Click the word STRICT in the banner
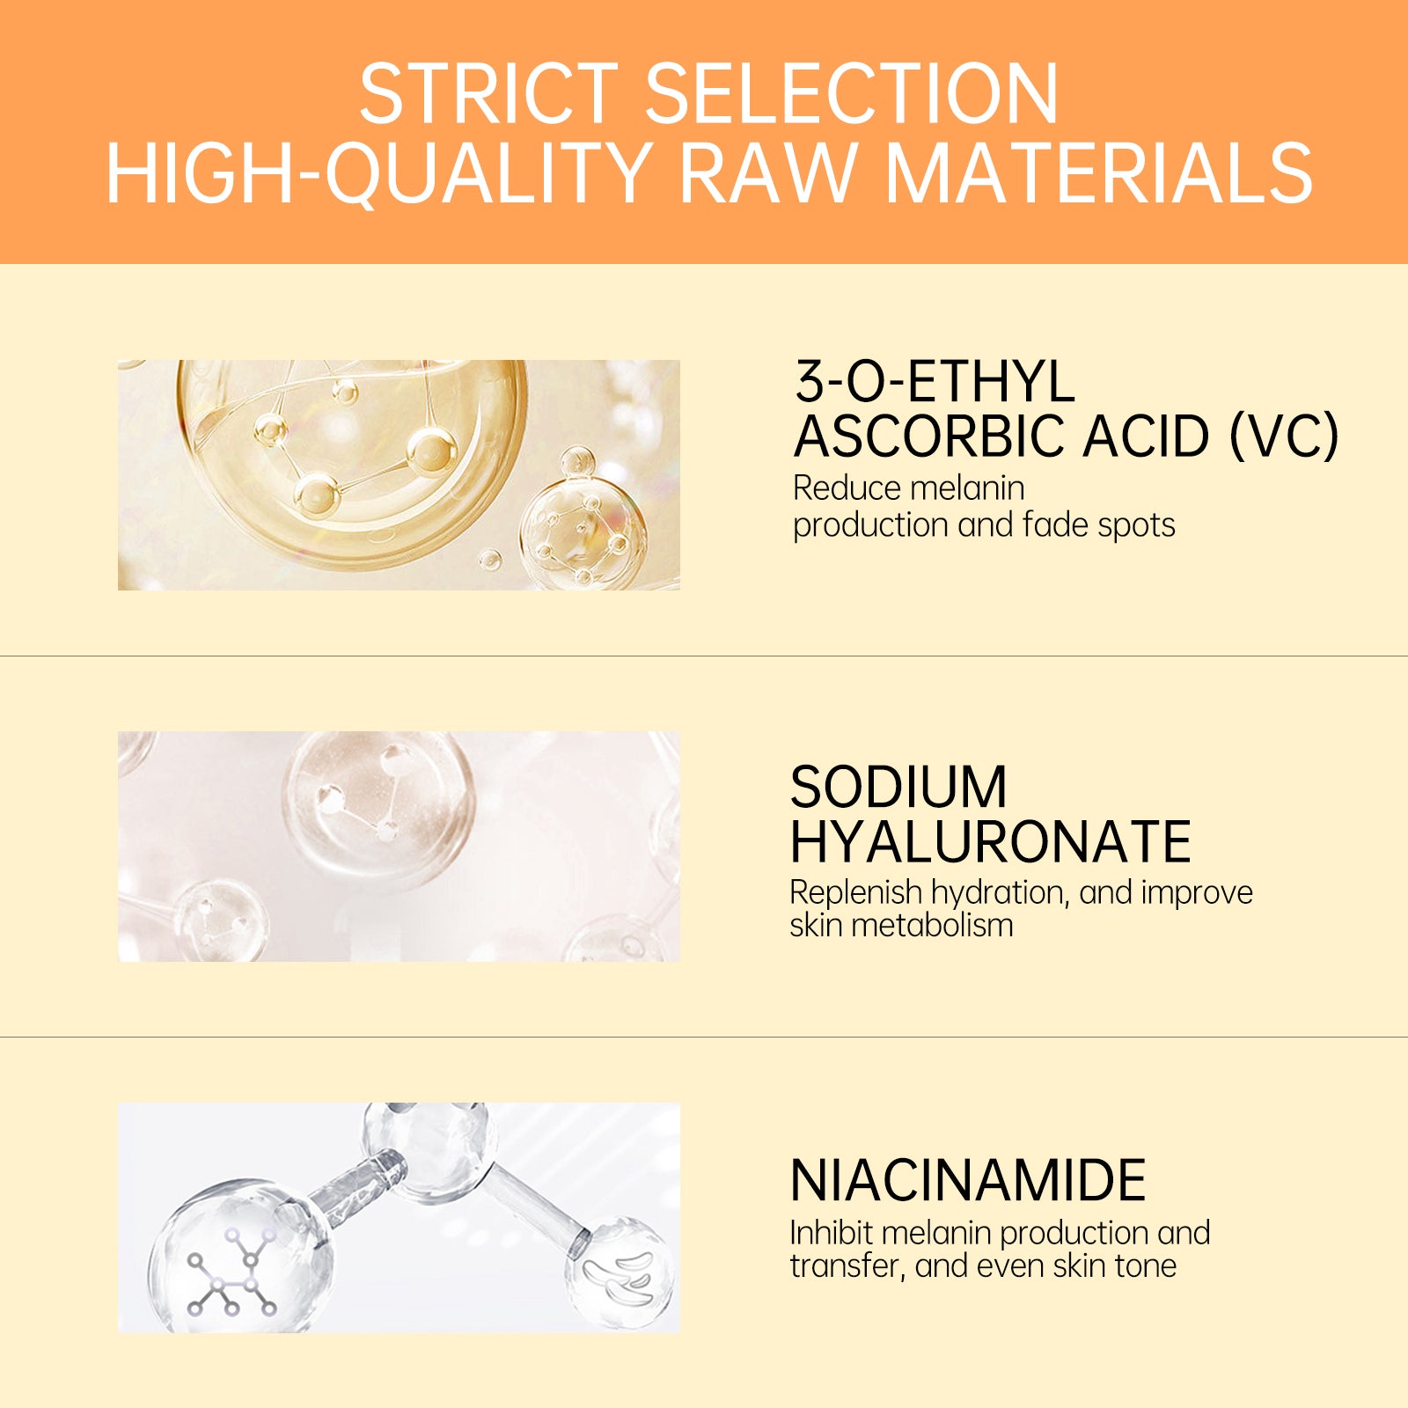click(488, 94)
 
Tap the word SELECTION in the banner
click(851, 94)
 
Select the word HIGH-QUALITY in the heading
click(378, 172)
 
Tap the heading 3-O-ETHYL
click(935, 382)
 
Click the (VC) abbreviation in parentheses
click(1284, 436)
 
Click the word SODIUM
click(898, 787)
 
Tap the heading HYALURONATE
click(990, 842)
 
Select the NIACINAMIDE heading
click(968, 1180)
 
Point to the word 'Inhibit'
click(831, 1233)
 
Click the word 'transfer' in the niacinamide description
click(846, 1266)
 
